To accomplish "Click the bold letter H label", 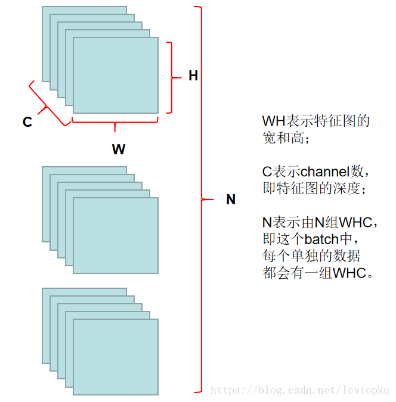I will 193,76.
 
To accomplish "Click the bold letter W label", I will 119,149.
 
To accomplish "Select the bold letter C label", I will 27,122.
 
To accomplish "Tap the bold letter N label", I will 231,200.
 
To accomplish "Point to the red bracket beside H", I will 171,77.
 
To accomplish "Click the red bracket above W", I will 115,124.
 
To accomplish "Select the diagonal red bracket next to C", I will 45,106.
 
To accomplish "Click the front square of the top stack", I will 116,76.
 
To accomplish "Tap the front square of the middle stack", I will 116,235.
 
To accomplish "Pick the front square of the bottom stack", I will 116,357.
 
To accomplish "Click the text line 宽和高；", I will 286,138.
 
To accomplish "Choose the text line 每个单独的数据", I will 311,257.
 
